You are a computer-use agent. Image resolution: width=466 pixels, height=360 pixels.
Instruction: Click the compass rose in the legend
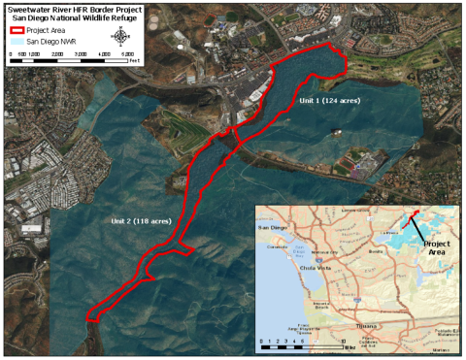(x=121, y=39)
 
